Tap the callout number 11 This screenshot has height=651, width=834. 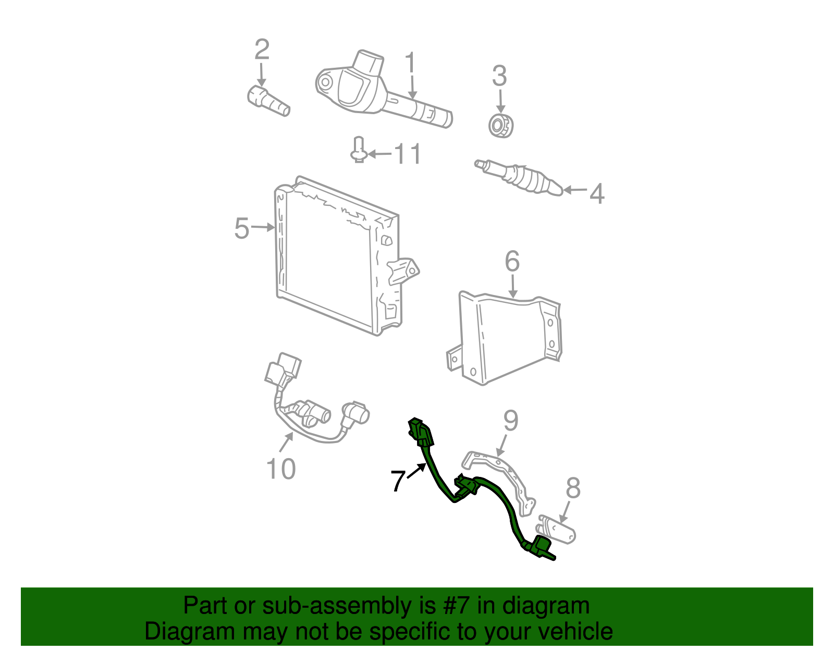coord(408,154)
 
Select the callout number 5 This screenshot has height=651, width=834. coord(242,228)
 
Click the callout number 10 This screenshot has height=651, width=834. coord(281,469)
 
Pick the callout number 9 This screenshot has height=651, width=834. coord(511,421)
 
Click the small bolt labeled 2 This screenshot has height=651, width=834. coord(268,101)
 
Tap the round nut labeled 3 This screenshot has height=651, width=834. coord(501,126)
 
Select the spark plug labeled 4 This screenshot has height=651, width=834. coord(519,177)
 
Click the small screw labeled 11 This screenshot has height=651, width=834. coord(359,150)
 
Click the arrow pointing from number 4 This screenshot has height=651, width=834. coord(575,190)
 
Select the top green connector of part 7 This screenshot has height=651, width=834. coord(421,432)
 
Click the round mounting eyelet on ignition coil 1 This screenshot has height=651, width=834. coord(325,82)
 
